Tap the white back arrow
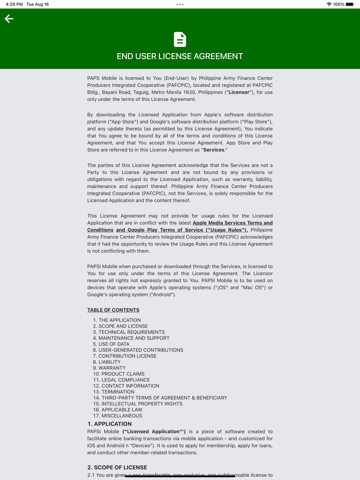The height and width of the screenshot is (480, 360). (9, 19)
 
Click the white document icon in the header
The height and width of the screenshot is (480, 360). (180, 40)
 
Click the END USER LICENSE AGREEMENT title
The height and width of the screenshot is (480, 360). (180, 56)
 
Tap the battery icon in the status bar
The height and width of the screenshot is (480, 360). (350, 4)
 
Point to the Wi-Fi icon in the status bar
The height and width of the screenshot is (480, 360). (329, 4)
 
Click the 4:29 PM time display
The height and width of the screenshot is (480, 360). (14, 4)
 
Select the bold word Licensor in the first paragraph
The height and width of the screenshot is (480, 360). (239, 92)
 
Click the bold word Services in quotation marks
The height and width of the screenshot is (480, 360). (214, 150)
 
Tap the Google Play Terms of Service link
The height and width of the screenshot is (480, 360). (182, 230)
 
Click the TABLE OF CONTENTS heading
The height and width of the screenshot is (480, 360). (113, 310)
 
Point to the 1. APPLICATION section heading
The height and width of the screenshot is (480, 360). (109, 424)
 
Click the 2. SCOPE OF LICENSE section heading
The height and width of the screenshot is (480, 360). (117, 467)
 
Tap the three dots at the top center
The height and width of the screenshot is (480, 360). (180, 4)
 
